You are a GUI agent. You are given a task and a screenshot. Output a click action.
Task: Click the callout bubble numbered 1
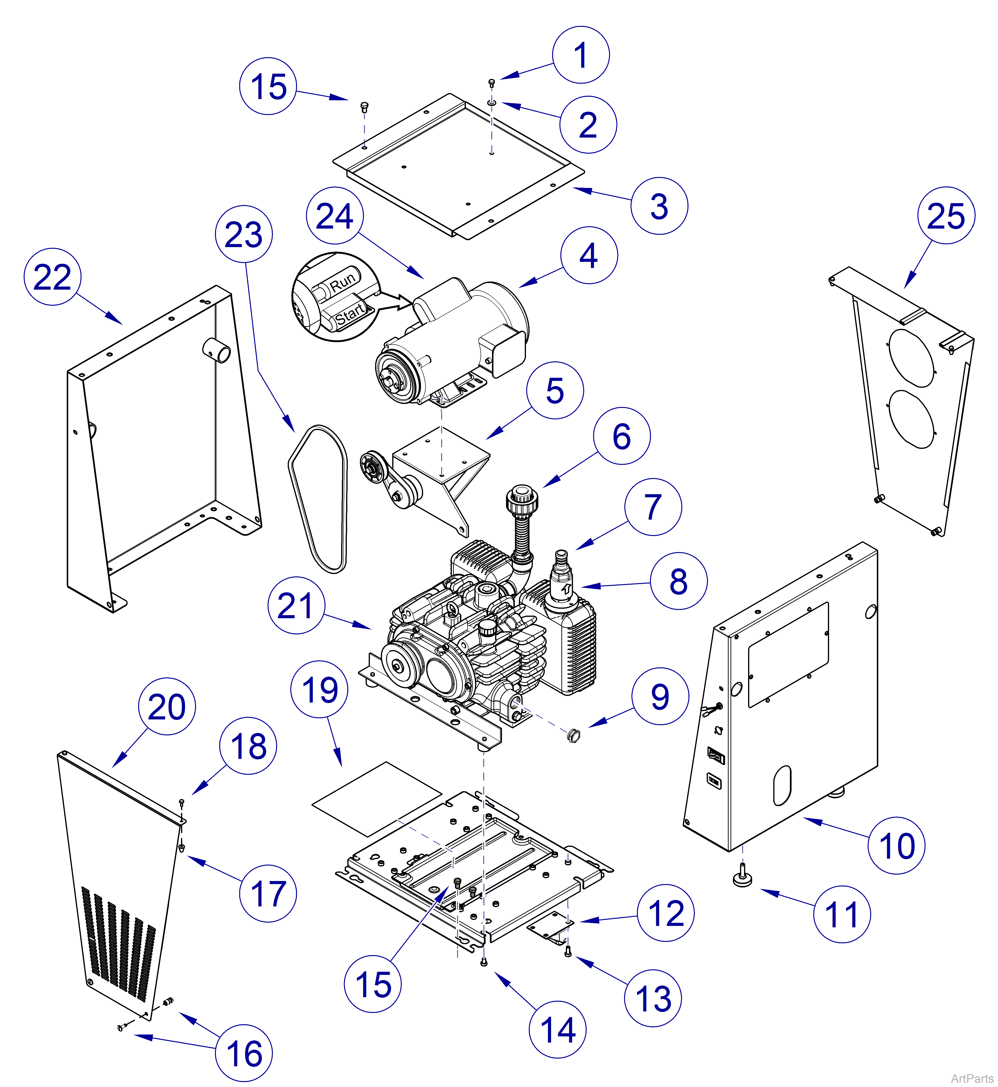581,55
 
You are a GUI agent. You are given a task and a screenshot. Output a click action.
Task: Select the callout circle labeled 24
334,216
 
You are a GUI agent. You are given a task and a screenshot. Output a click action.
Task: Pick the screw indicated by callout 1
492,82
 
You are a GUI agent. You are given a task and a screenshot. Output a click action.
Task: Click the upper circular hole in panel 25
912,358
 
